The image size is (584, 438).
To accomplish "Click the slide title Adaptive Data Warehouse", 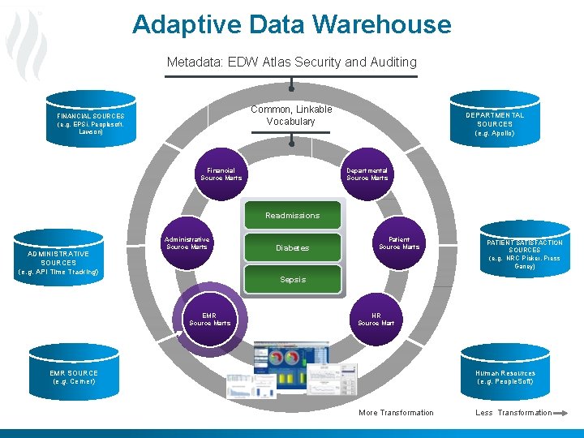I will (x=291, y=24).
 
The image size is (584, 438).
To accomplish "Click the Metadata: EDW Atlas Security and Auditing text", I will (x=291, y=62).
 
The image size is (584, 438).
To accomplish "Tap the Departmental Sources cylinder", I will (x=495, y=124).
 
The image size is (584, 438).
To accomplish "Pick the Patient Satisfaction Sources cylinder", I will (x=524, y=253).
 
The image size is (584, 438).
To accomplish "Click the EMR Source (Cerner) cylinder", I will (x=74, y=376).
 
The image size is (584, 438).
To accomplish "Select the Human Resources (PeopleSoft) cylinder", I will (x=505, y=376).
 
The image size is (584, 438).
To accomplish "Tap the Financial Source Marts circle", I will (x=221, y=174).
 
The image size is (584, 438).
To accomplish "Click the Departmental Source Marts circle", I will (x=367, y=174).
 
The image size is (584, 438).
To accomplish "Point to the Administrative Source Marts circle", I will (x=187, y=243).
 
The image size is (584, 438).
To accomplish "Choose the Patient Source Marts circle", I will (x=399, y=243).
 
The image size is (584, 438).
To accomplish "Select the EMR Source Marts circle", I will (x=210, y=319).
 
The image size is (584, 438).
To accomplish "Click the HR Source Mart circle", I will (x=376, y=319).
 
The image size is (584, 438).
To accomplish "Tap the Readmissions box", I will (x=292, y=216).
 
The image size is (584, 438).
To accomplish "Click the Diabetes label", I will (x=292, y=247).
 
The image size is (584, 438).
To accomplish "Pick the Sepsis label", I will (x=293, y=279).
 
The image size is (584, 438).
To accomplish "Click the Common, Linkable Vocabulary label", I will (x=291, y=115).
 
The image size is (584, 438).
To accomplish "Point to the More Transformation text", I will (x=396, y=413).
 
